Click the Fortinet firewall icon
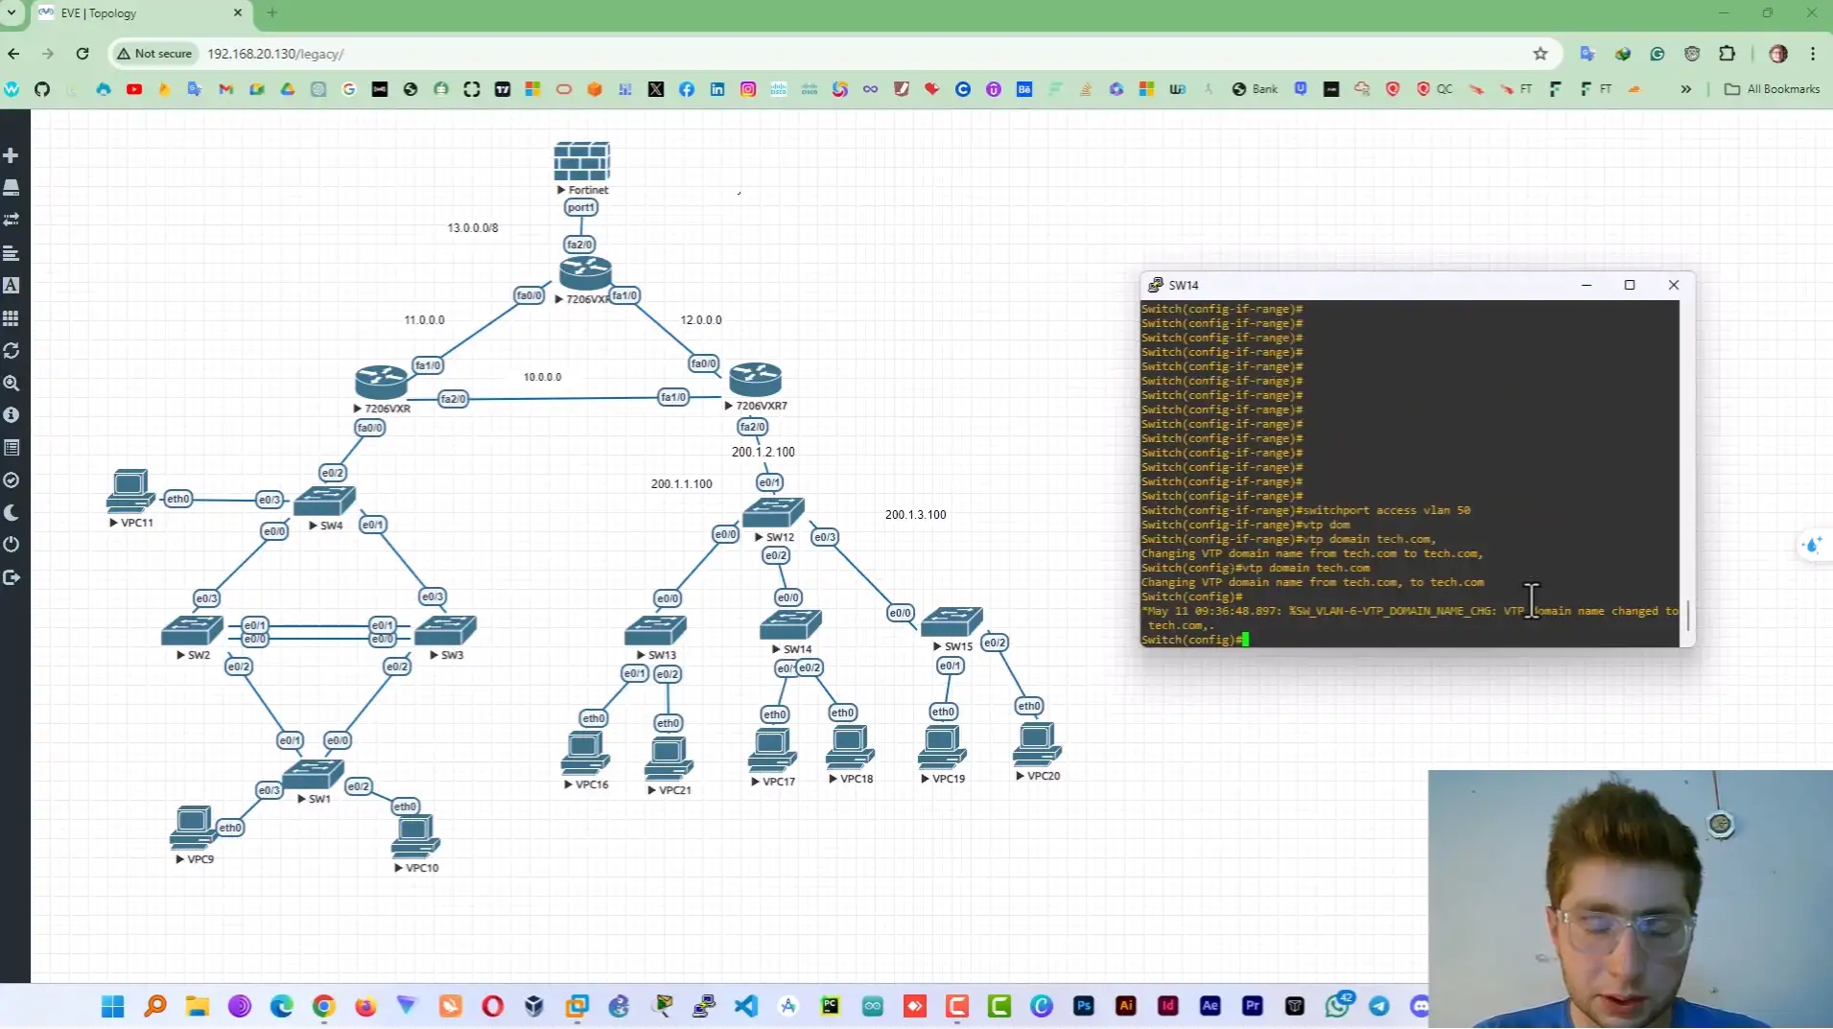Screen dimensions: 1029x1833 tap(581, 161)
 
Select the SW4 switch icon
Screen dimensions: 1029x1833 tap(325, 500)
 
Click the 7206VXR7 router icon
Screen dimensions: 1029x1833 tap(755, 380)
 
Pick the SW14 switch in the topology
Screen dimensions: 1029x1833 tap(790, 625)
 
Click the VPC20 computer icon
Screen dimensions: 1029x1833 tap(1037, 744)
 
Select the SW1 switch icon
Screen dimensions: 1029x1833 tap(313, 773)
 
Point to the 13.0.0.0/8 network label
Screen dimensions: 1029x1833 tap(473, 228)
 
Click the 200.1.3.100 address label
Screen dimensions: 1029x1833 tap(915, 515)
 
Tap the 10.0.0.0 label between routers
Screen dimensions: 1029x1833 tap(542, 377)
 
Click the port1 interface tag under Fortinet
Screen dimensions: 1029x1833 tap(580, 207)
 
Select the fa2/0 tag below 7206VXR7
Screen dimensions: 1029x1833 tap(752, 427)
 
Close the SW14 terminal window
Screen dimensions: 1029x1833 tap(1673, 285)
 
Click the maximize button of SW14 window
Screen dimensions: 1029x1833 tap(1629, 285)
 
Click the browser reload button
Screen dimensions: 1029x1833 tap(82, 54)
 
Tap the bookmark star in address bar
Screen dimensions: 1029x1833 tap(1539, 54)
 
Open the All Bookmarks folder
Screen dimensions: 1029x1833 tap(1772, 89)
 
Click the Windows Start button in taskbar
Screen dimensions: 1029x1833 tap(113, 1005)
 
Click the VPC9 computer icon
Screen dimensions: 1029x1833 tap(192, 827)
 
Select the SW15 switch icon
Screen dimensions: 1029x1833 tap(951, 622)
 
